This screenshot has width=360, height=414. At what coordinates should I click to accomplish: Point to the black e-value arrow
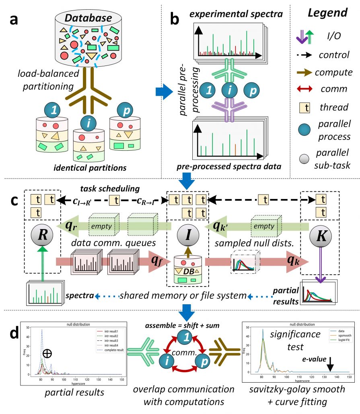329,353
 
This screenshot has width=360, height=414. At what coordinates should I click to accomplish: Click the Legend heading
327,13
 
